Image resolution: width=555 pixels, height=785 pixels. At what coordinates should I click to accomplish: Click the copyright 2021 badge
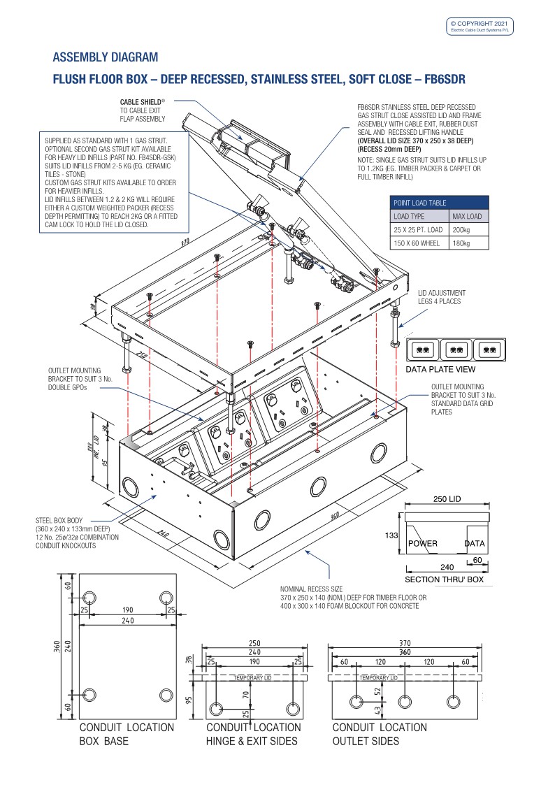482,25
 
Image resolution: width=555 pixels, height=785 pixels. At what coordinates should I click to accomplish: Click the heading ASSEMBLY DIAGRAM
106,57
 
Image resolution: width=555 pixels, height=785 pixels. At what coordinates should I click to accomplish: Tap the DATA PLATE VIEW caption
440,369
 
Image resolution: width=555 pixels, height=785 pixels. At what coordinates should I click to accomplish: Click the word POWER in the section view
422,544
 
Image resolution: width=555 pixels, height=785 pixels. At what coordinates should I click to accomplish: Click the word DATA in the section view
474,544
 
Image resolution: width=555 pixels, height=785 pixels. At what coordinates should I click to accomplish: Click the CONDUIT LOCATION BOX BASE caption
126,734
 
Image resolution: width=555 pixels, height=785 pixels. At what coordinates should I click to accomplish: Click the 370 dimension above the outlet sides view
405,643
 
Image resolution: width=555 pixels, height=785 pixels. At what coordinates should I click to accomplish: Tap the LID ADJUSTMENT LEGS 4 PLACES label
442,297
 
